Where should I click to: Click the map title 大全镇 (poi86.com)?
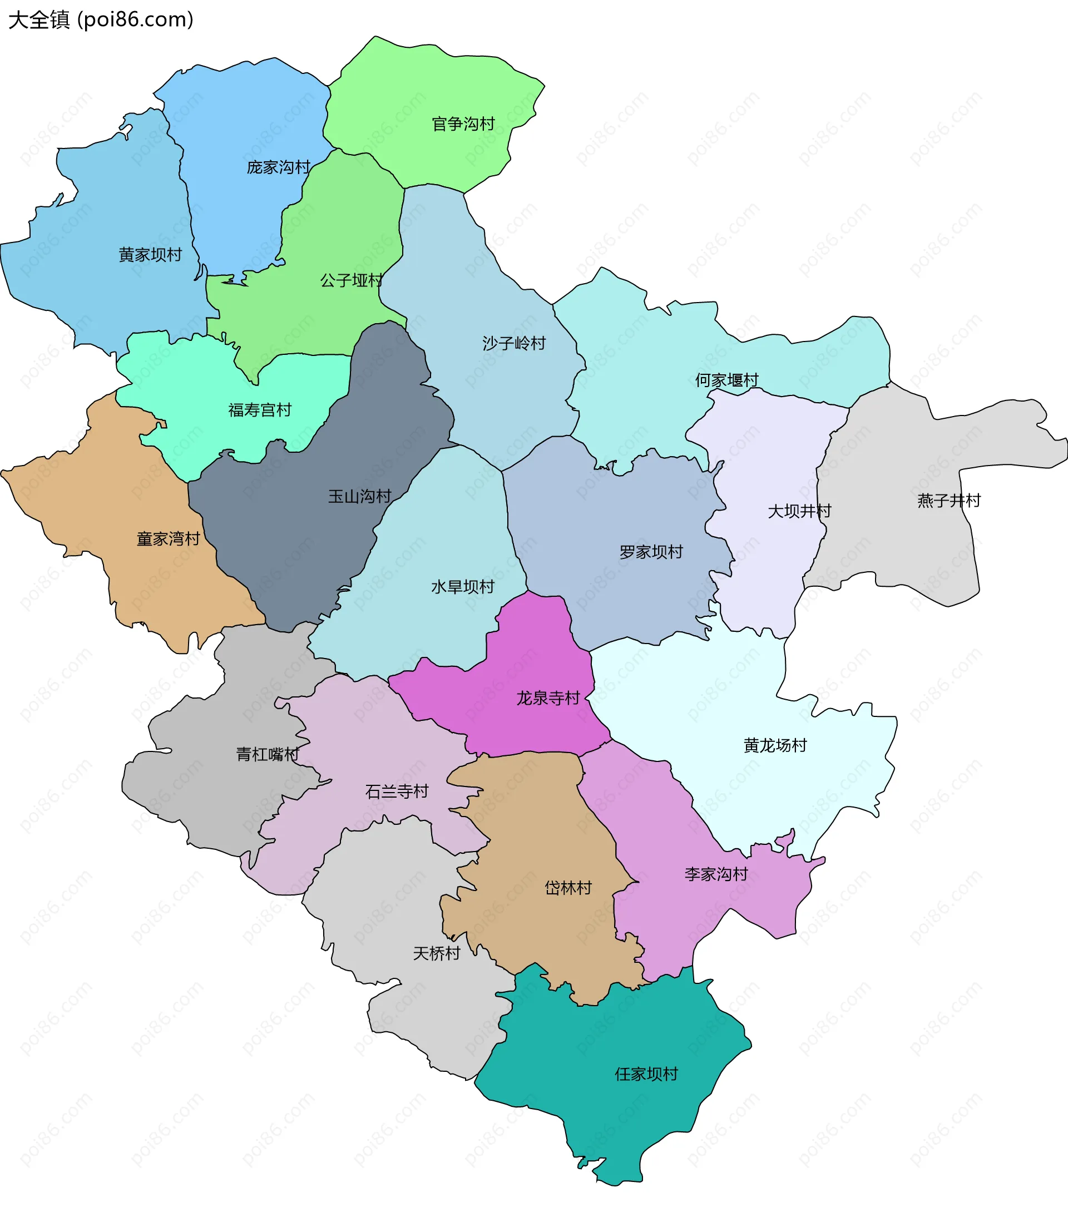tap(101, 19)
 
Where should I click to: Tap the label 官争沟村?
tap(463, 124)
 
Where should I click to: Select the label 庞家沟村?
tap(278, 167)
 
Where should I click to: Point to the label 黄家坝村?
tap(150, 255)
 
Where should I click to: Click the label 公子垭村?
tap(352, 281)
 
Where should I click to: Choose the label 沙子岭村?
tap(514, 344)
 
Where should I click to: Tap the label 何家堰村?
tap(726, 380)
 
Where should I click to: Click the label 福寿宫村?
tap(260, 410)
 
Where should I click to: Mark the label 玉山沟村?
tap(359, 497)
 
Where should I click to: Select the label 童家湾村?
tap(168, 539)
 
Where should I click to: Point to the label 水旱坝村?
tap(462, 587)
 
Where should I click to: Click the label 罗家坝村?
tap(651, 552)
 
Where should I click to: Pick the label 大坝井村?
tap(799, 511)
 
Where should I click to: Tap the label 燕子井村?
tap(949, 501)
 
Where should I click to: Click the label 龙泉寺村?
tap(548, 698)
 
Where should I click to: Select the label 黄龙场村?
tap(775, 746)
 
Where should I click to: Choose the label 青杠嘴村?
tap(268, 755)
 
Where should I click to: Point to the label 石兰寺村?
tap(397, 792)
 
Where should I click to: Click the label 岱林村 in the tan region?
tap(568, 888)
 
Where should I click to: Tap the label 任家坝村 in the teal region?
tap(646, 1074)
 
